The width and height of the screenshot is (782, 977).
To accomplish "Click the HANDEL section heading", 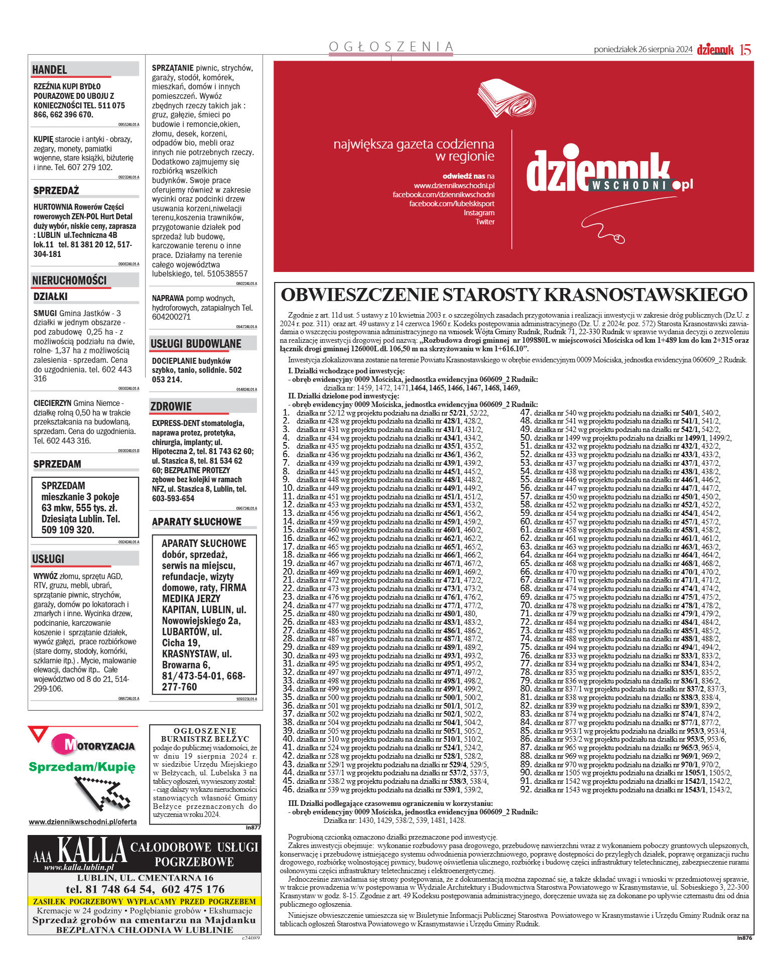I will tap(50, 69).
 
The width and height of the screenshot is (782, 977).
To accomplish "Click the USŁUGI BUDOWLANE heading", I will tap(196, 344).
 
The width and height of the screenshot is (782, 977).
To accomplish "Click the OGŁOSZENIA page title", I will tap(391, 47).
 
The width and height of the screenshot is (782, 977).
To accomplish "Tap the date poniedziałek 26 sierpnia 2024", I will tap(642, 50).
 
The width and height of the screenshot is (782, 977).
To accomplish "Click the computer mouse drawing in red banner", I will tap(620, 238).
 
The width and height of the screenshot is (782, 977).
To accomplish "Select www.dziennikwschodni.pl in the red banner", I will tap(454, 186).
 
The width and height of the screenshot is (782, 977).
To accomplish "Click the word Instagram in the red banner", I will tap(479, 213).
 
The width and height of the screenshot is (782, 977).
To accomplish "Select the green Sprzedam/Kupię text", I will tap(82, 767).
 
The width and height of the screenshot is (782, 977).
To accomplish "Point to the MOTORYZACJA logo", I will tap(93, 745).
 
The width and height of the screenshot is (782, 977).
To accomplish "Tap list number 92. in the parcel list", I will tap(526, 789).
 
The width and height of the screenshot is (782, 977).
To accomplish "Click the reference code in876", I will tap(744, 937).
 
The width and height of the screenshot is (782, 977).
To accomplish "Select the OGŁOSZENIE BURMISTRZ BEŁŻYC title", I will tap(205, 735).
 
